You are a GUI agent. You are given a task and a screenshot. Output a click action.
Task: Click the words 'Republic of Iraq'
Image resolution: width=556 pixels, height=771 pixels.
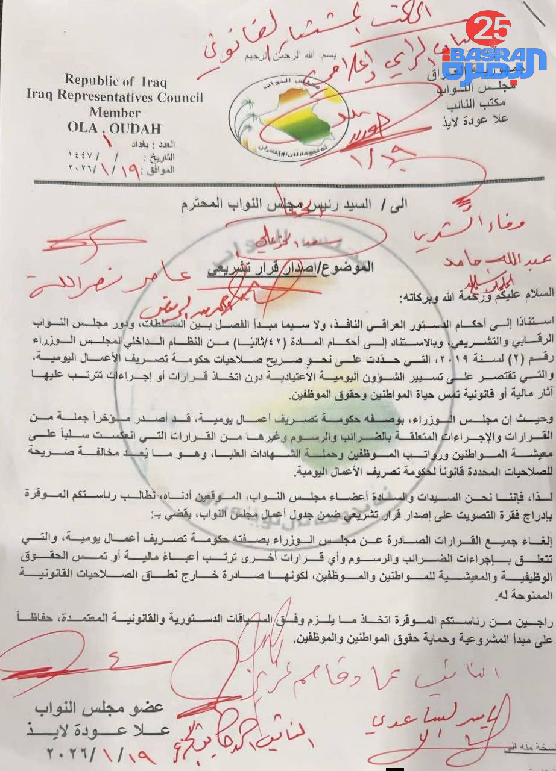[x=116, y=81]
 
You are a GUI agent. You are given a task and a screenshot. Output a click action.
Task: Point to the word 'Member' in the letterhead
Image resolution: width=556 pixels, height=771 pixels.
[x=115, y=112]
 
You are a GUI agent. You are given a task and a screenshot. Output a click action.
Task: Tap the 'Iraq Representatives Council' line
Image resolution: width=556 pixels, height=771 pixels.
[x=115, y=97]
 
